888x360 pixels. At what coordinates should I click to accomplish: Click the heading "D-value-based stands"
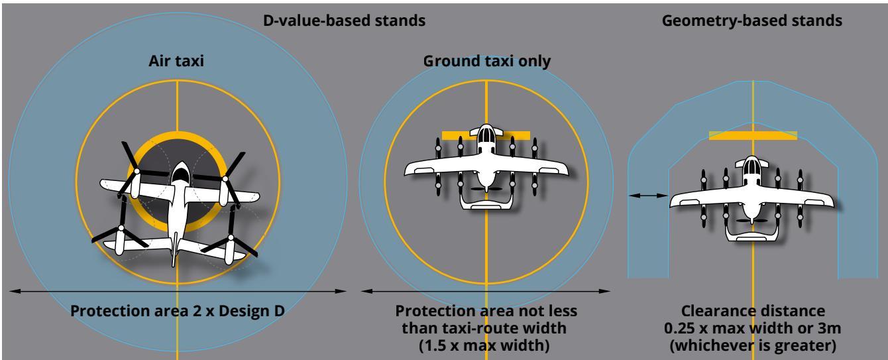tap(344, 21)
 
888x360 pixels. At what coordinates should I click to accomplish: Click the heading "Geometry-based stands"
tap(752, 21)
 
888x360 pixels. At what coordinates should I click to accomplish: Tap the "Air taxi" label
tap(176, 61)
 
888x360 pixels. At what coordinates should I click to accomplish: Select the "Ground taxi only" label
tap(487, 62)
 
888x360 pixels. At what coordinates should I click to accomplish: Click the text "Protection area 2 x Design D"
tap(178, 311)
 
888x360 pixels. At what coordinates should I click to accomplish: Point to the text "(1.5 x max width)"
tap(484, 345)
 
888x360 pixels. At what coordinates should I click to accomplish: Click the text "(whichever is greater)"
tap(753, 345)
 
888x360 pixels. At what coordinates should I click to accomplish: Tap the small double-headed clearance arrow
tap(649, 195)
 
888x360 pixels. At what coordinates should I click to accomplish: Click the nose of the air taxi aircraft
tap(181, 163)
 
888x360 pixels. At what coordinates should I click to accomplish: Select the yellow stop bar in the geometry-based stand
tap(753, 136)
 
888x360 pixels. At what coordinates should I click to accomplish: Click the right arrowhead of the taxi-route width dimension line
tap(604, 291)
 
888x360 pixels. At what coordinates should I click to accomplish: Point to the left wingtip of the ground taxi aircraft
tap(407, 171)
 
